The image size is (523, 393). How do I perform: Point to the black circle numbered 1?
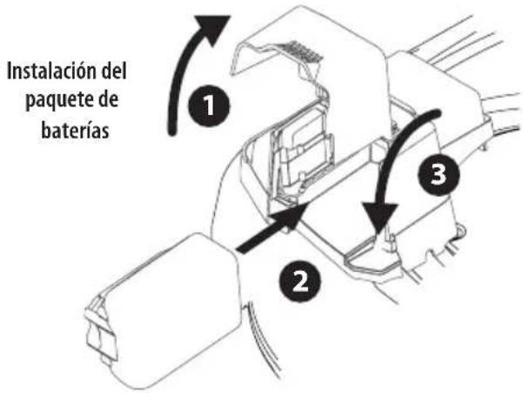click(207, 108)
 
